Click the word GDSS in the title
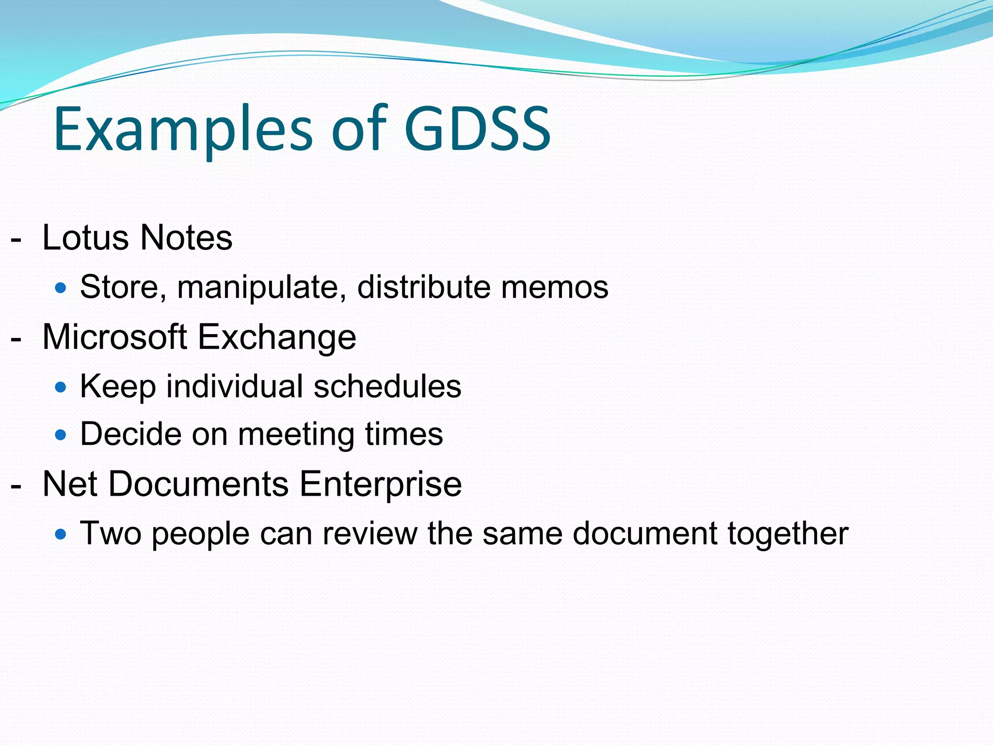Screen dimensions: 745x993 point(477,129)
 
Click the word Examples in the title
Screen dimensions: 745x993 point(183,129)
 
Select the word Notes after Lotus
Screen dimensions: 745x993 point(186,238)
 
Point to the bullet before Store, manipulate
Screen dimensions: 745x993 point(60,289)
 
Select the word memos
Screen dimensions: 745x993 point(554,287)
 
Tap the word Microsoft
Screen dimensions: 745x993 point(115,337)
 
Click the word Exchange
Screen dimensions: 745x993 point(277,338)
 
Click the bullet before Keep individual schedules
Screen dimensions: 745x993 point(60,388)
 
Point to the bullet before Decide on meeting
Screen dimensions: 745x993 point(60,435)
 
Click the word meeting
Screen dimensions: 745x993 point(297,435)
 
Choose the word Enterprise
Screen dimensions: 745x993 point(380,485)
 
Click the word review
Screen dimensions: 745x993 point(370,534)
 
